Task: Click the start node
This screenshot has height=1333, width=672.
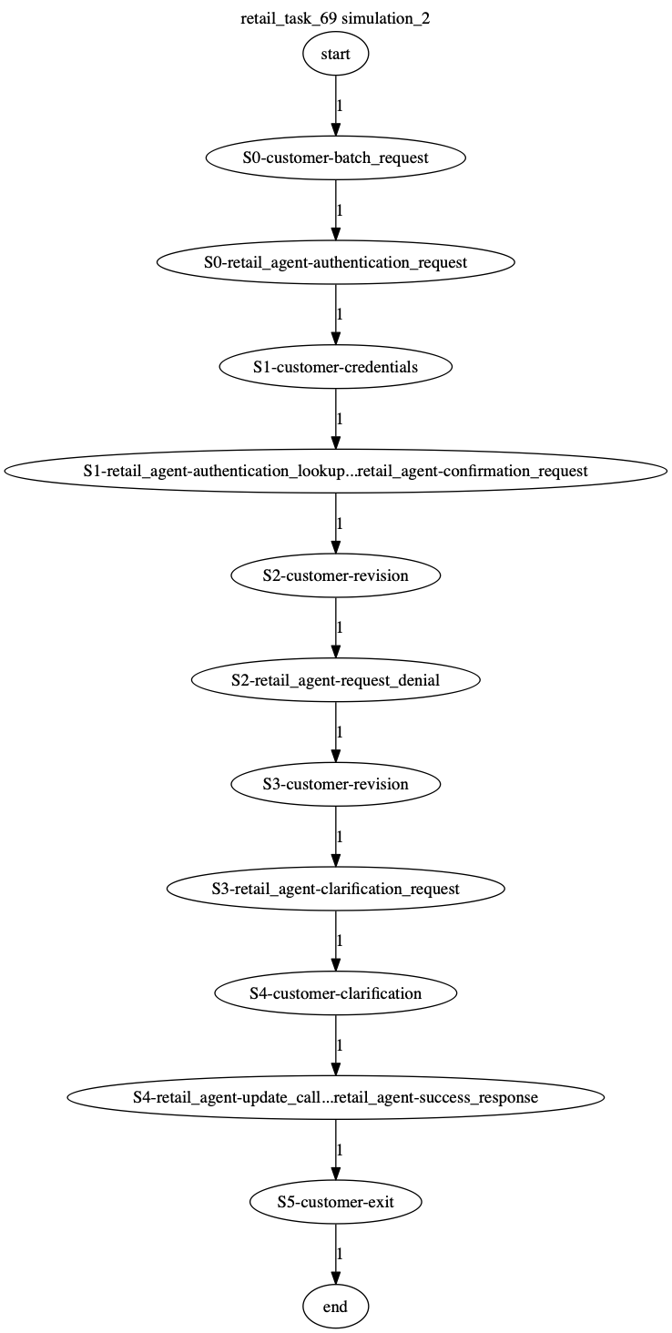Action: [x=335, y=54]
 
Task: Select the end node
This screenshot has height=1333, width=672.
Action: [x=335, y=1307]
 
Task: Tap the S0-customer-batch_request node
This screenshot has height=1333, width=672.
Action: [x=335, y=158]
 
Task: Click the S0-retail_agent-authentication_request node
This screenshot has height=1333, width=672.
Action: [x=335, y=262]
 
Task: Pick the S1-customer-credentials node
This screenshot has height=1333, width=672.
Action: [x=335, y=367]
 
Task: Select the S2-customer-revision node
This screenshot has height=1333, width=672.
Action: [x=335, y=575]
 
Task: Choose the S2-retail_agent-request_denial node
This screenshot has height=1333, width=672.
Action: [x=335, y=680]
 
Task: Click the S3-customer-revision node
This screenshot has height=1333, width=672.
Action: [x=335, y=784]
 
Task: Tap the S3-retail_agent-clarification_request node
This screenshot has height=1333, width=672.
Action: [x=335, y=889]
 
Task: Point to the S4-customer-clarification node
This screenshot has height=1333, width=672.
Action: [x=335, y=993]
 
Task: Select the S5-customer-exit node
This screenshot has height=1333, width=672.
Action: [x=335, y=1202]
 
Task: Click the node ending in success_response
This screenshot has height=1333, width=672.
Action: [x=335, y=1097]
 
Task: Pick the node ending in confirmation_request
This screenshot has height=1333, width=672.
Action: [x=335, y=472]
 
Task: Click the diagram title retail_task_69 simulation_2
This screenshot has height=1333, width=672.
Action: [x=335, y=18]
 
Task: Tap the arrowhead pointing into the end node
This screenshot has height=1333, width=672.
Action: [x=335, y=1277]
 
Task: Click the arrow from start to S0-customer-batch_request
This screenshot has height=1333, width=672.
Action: [x=335, y=106]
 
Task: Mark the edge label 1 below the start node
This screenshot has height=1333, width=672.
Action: [x=340, y=106]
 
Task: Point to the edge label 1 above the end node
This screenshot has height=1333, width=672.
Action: [x=340, y=1254]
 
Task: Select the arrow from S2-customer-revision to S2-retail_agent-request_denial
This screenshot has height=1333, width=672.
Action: [x=335, y=628]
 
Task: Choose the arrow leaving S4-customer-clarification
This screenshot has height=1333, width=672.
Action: [x=335, y=1045]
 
